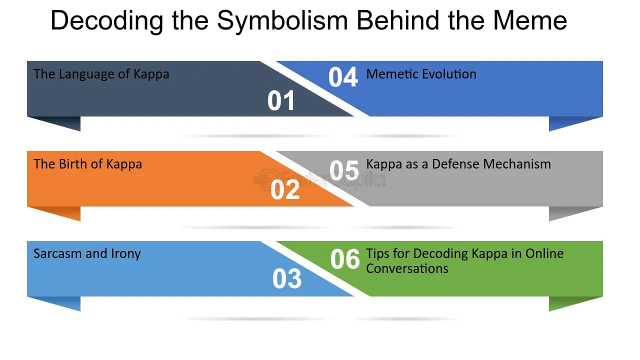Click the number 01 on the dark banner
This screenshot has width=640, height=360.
pos(281,100)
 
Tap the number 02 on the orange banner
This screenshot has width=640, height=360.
pos(285,189)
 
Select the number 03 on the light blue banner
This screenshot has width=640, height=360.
pos(287,278)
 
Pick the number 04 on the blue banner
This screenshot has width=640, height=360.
pos(343,77)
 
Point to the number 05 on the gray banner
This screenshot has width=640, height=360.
pos(344,170)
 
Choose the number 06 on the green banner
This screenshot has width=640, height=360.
pos(345,259)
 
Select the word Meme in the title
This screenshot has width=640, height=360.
pos(530,20)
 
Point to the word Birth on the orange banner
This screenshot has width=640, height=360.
pos(72,164)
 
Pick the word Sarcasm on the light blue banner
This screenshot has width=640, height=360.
pos(57,253)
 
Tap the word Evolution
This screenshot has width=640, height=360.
pos(449,74)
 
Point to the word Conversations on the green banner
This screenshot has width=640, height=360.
pos(407,269)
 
